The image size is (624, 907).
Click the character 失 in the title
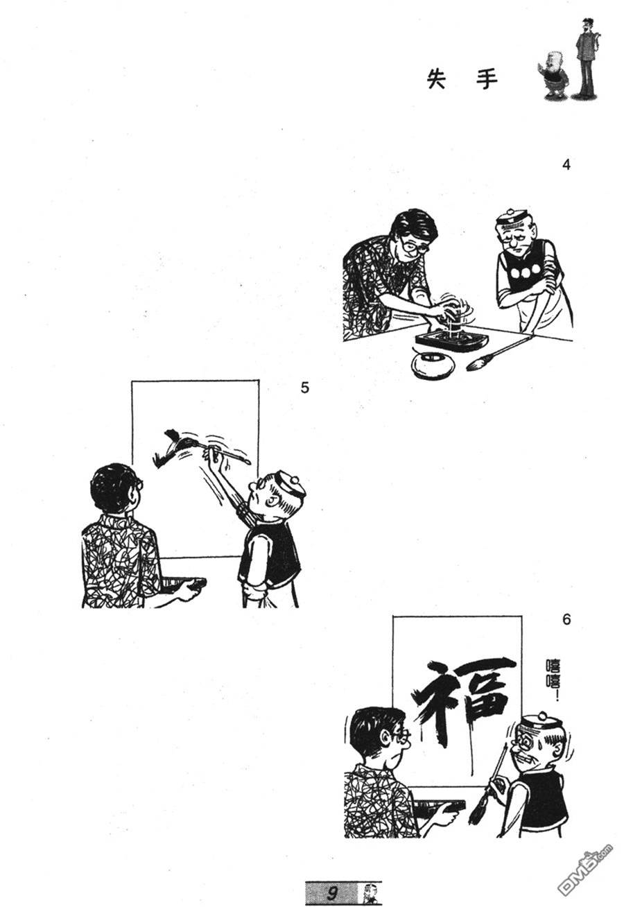(x=437, y=78)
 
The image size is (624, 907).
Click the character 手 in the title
(x=487, y=78)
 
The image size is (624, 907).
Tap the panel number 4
(x=566, y=165)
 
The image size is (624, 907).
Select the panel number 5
(x=304, y=388)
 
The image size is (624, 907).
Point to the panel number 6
(x=566, y=619)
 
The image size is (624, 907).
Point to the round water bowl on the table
(x=433, y=363)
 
